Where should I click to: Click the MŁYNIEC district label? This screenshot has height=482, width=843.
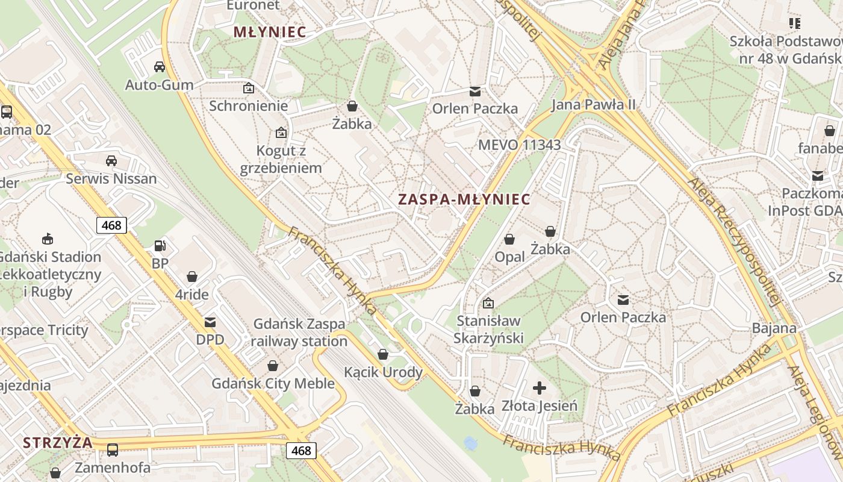point(270,32)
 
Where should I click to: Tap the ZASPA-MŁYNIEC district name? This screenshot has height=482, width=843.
point(464,199)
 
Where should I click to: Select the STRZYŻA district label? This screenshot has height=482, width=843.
point(58,443)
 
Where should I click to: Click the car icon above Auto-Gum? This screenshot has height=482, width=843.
point(160,66)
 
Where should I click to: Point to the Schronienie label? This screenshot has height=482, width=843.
point(248,105)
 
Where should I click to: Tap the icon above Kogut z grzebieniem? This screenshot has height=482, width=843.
point(281,133)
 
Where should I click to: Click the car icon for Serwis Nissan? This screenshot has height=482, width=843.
point(111,160)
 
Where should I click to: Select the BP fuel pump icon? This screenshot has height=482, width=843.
point(160,246)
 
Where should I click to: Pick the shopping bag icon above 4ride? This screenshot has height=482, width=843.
point(192,277)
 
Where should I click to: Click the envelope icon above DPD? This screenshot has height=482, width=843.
point(210,322)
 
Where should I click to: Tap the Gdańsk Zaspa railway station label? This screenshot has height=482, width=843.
point(299,333)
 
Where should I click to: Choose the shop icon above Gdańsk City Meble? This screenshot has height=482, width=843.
point(273,366)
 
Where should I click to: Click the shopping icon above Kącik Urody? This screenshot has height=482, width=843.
point(383,354)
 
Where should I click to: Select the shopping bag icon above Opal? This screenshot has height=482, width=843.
point(509,239)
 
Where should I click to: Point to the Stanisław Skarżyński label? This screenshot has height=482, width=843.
point(489,329)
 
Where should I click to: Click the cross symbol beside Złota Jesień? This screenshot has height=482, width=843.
point(540,387)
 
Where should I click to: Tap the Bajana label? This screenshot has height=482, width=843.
point(774,328)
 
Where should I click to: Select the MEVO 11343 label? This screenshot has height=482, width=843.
point(519,145)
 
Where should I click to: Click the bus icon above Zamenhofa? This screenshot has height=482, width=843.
point(113,449)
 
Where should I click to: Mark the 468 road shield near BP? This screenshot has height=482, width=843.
point(111,225)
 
